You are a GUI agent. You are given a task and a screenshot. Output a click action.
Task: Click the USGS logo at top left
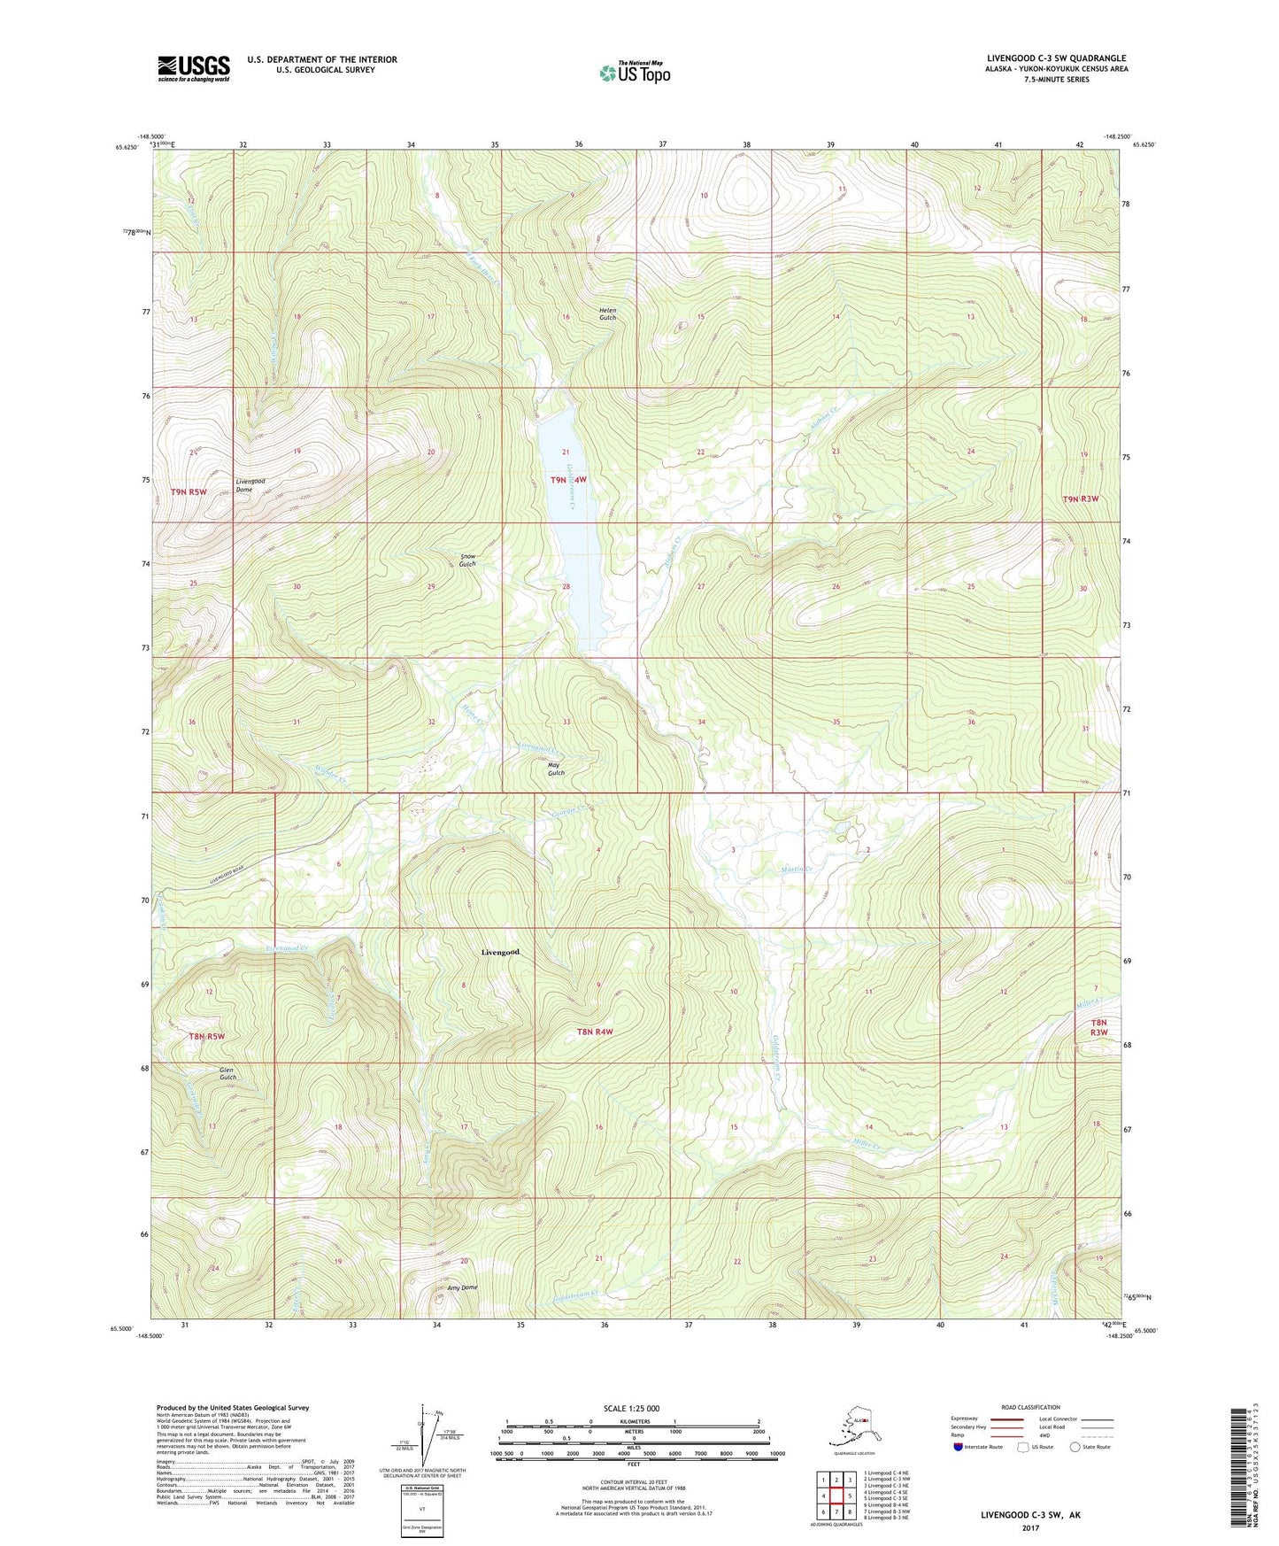[x=193, y=68]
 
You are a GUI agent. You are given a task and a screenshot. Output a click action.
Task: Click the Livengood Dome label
[x=250, y=485]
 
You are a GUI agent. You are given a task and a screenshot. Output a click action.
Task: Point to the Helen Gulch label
[x=607, y=313]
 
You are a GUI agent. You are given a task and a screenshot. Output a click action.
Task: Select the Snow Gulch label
[x=467, y=560]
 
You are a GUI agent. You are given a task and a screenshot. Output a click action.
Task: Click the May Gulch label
[x=556, y=769]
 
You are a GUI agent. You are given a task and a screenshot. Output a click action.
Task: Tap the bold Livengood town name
[x=500, y=952]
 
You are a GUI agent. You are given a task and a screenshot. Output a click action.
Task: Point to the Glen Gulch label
[x=227, y=1074]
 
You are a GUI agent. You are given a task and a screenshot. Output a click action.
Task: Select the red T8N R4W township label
[x=595, y=1032]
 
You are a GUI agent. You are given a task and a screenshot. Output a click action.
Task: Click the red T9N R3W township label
[x=1080, y=499]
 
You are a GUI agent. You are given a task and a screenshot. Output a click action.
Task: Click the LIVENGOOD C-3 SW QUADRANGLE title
[x=1056, y=58]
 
